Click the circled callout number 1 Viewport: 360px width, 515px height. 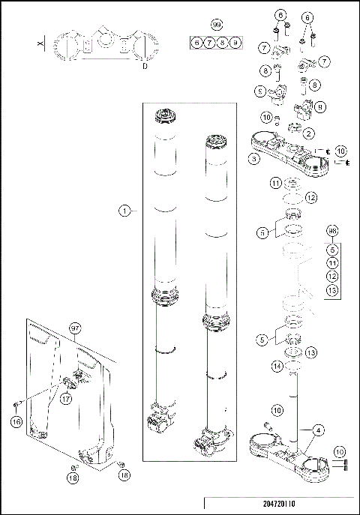(124, 211)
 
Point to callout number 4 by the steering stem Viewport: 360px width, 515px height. (320, 430)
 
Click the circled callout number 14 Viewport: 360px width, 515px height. (277, 366)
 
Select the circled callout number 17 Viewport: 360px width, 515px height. (65, 400)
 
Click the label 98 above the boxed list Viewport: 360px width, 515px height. (333, 232)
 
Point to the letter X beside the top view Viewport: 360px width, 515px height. (39, 45)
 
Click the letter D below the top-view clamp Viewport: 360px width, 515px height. (144, 67)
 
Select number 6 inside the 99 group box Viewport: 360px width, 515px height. (196, 43)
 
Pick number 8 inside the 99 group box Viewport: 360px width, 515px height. (223, 43)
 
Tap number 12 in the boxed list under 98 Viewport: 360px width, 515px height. (333, 277)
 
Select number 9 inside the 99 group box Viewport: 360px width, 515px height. (235, 43)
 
